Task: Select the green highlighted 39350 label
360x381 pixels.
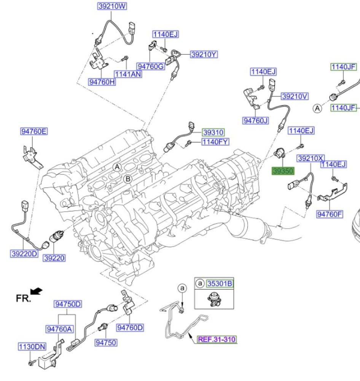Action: (x=282, y=171)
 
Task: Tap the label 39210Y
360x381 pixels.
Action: (x=204, y=54)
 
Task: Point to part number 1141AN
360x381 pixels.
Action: (x=128, y=74)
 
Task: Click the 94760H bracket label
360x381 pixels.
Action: (x=102, y=82)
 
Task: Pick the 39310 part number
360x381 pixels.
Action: (x=213, y=132)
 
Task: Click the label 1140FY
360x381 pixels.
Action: (x=215, y=142)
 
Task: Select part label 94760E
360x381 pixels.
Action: (x=34, y=132)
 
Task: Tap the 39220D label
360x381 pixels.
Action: (x=24, y=253)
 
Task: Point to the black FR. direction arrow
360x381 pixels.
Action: (x=37, y=291)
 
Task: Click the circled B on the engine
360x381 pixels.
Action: (x=128, y=179)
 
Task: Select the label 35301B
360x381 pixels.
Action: (x=219, y=283)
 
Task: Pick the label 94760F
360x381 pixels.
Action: (x=330, y=214)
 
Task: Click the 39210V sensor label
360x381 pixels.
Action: (x=295, y=96)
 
